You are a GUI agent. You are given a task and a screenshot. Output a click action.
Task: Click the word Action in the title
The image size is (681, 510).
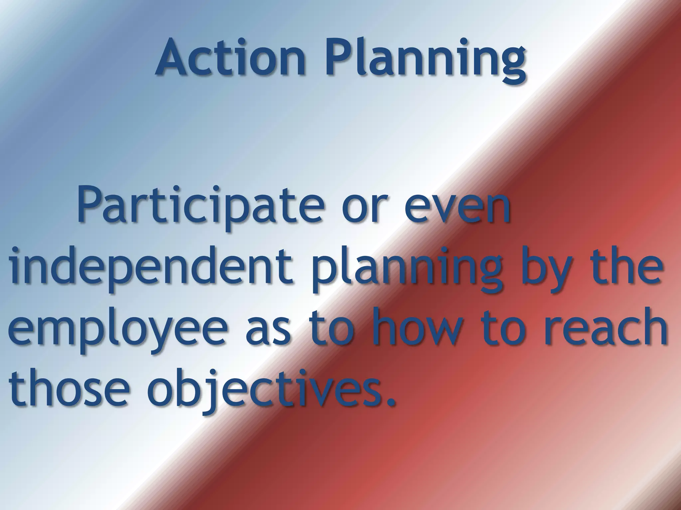[230, 57]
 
